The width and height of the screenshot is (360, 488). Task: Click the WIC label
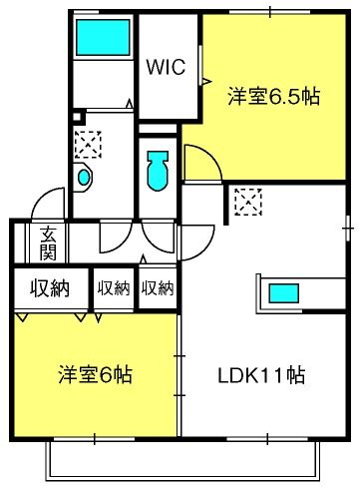click(x=166, y=67)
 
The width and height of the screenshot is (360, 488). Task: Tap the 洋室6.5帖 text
click(x=273, y=97)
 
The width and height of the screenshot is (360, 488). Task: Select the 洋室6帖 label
click(x=95, y=374)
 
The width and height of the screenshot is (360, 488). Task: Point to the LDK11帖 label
click(x=261, y=375)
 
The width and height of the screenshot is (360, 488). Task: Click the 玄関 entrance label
click(x=49, y=244)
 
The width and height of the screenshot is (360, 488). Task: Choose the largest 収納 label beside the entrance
click(x=50, y=287)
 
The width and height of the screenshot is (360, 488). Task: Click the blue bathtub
click(x=103, y=37)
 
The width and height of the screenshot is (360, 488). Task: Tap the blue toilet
click(x=158, y=171)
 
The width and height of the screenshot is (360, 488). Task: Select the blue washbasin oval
click(x=84, y=177)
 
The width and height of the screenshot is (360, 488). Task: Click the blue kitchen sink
click(x=283, y=293)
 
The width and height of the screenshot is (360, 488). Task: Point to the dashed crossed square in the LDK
click(x=248, y=202)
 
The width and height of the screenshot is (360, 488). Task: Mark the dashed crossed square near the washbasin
click(x=88, y=145)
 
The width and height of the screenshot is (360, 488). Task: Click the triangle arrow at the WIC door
click(x=206, y=81)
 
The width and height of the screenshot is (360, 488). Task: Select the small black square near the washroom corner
click(x=77, y=117)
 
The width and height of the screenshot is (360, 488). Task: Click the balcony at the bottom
click(x=182, y=461)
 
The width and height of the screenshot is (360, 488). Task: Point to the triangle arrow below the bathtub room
click(x=130, y=104)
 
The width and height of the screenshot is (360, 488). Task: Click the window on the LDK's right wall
click(x=348, y=229)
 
